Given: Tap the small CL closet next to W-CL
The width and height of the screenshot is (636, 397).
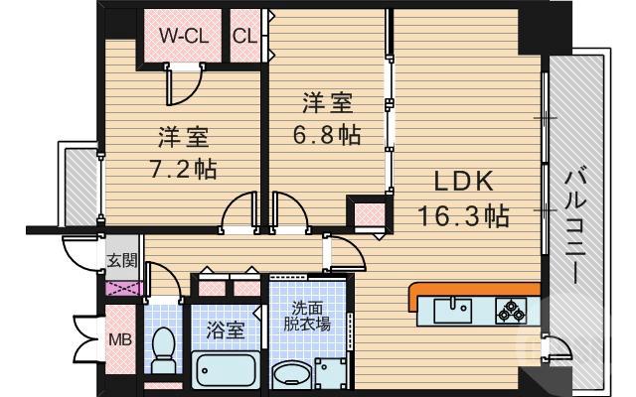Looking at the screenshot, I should tap(245, 36).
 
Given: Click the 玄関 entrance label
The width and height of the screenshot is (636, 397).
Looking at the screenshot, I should tap(119, 263).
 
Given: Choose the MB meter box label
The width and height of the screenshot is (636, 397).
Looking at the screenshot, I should tap(119, 340).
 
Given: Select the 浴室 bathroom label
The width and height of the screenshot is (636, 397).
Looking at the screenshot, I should tap(225, 331).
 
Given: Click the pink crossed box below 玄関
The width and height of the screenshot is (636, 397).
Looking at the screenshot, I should tap(119, 291).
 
